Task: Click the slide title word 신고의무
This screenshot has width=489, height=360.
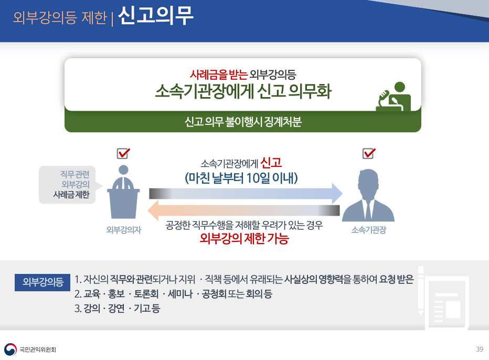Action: (x=156, y=16)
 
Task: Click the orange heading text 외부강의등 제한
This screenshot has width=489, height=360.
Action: (x=60, y=17)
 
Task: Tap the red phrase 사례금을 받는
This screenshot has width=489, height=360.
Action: (x=219, y=74)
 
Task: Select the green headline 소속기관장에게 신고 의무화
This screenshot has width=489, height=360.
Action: (x=243, y=91)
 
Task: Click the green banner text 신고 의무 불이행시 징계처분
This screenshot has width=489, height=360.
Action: (x=243, y=121)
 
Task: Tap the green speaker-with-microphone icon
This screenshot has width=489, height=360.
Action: (x=394, y=97)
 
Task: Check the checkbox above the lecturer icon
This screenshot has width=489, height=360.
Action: (x=123, y=153)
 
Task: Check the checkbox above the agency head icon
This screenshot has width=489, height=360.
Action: (x=369, y=153)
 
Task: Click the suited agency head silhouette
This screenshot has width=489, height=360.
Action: (x=368, y=195)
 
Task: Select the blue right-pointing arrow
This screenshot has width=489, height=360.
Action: (x=246, y=194)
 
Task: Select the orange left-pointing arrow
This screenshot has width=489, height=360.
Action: (x=243, y=210)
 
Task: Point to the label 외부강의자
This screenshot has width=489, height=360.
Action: (x=124, y=230)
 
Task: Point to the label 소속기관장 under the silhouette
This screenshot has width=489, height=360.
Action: (x=369, y=230)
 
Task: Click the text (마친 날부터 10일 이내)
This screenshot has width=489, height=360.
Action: (x=241, y=178)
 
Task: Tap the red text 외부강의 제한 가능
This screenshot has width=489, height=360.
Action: (x=244, y=238)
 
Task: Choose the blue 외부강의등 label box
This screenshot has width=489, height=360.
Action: (x=42, y=282)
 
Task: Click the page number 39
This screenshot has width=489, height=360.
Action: (x=480, y=349)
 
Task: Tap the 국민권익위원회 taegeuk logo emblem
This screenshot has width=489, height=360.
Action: (x=10, y=350)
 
